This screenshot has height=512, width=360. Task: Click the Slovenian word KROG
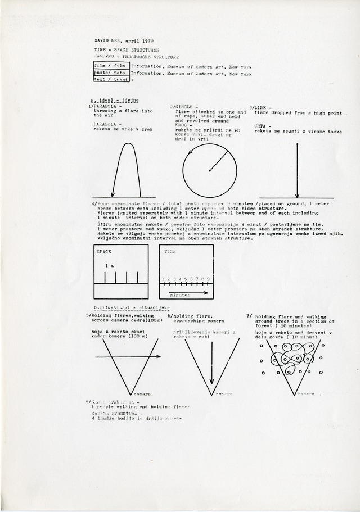181,125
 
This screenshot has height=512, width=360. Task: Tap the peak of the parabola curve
127,145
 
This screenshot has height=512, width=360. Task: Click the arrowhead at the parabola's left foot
113,195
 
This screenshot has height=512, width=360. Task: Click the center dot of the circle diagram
209,170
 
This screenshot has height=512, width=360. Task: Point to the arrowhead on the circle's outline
190,151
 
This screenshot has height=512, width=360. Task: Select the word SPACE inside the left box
105,252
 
